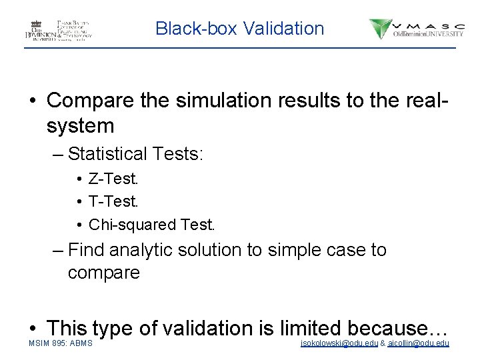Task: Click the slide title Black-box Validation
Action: tap(239, 29)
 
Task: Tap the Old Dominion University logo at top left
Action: tap(59, 29)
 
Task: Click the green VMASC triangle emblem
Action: tap(381, 29)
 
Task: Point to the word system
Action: tap(81, 125)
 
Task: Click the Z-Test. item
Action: tap(113, 179)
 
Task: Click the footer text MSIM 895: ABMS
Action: tap(61, 343)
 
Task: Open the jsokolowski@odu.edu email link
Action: tap(339, 343)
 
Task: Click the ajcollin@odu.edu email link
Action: tap(418, 343)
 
